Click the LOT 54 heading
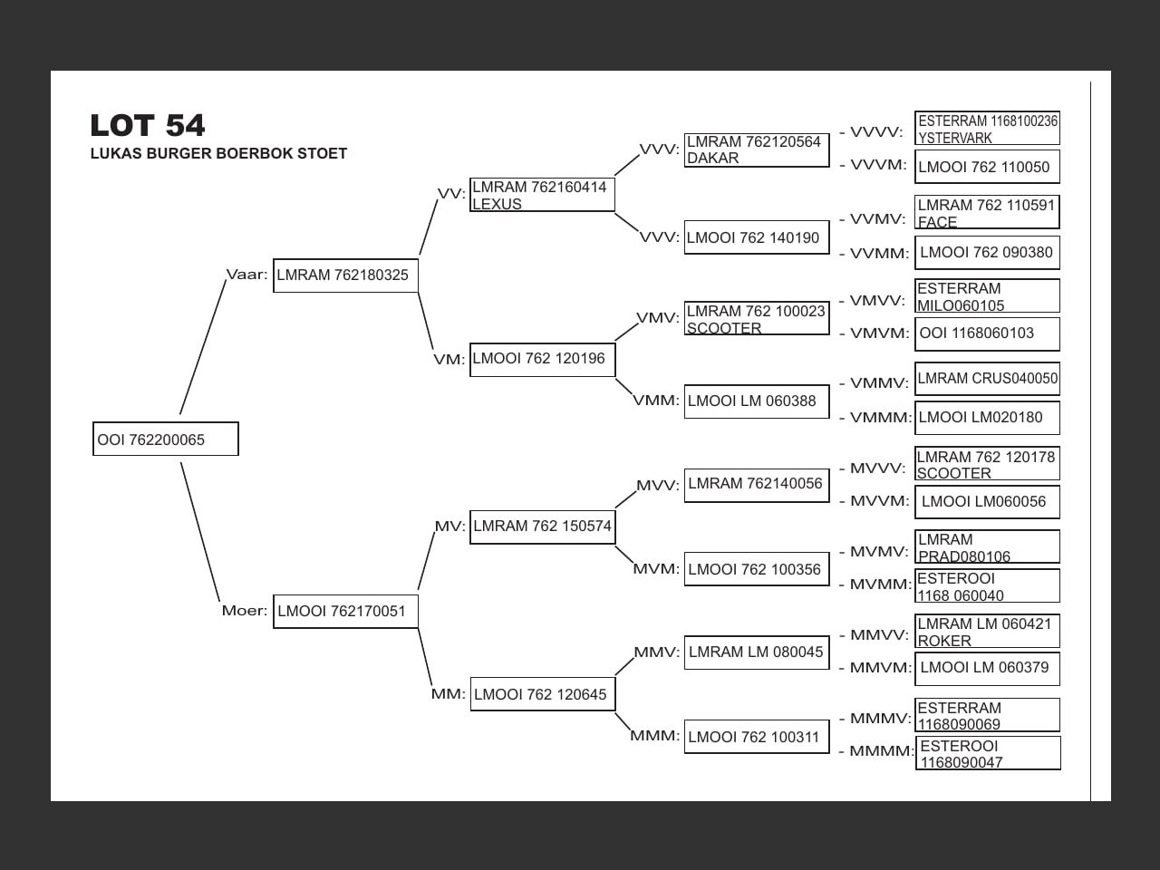click(x=148, y=126)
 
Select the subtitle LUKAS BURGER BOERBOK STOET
click(x=218, y=153)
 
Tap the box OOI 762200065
click(x=166, y=439)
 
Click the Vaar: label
click(x=246, y=275)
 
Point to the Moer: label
click(x=245, y=611)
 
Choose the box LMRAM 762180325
click(x=345, y=275)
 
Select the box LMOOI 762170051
click(x=345, y=612)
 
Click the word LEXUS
click(x=497, y=204)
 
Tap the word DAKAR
click(x=712, y=158)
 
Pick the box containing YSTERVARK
click(x=987, y=128)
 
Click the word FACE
click(x=937, y=222)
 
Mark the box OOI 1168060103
click(x=987, y=333)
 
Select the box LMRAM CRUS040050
click(x=987, y=379)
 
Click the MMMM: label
click(x=882, y=750)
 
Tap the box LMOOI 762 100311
click(x=757, y=737)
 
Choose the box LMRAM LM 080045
click(x=757, y=652)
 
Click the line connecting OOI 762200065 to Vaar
click(x=203, y=347)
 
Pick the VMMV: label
click(x=879, y=383)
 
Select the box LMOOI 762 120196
click(x=543, y=360)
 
